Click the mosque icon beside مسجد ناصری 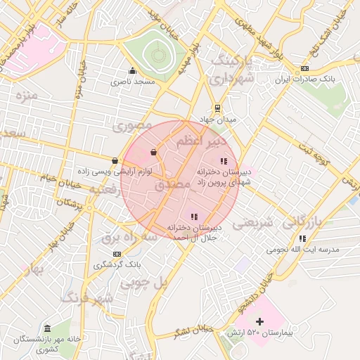tap(132, 70)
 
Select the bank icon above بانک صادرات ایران tap(304, 68)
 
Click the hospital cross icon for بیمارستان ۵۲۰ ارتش tap(260, 321)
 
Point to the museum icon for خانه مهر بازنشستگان tap(47, 329)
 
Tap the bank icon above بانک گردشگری tap(116, 254)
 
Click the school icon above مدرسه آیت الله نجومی tap(302, 238)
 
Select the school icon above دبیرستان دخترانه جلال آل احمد tap(194, 217)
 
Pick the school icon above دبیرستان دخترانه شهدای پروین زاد tap(224, 162)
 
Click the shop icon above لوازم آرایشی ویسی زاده tap(115, 161)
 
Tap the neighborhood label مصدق tap(171, 185)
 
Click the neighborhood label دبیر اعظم tap(200, 141)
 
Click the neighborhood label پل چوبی tap(146, 283)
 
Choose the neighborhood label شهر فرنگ tap(87, 299)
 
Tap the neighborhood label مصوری tap(132, 126)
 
